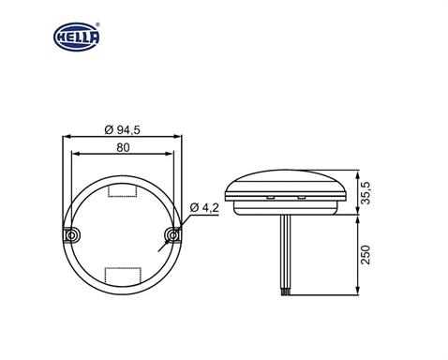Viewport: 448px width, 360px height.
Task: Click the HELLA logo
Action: (75, 39)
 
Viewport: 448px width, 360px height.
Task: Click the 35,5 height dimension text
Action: (372, 193)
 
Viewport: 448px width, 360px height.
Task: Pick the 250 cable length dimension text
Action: (372, 253)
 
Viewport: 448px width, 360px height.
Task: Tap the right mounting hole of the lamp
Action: (172, 232)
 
